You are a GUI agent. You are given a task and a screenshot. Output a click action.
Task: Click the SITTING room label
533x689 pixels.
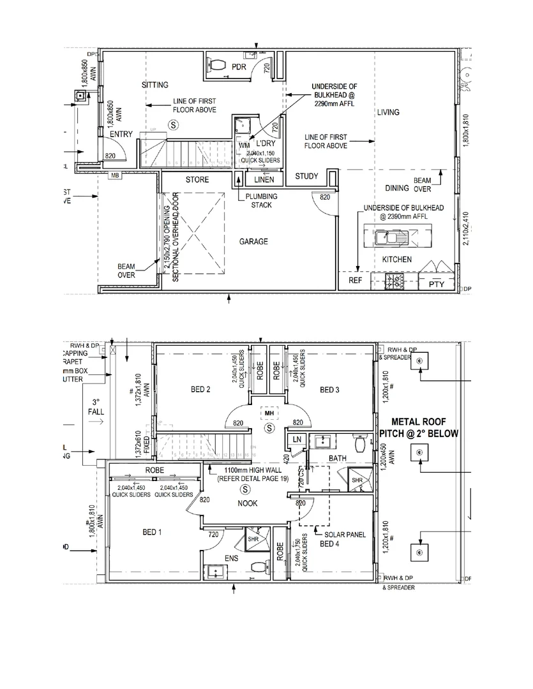point(155,85)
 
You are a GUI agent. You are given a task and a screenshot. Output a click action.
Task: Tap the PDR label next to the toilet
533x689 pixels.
point(239,68)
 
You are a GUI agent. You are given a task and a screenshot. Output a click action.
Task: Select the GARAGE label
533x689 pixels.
point(253,242)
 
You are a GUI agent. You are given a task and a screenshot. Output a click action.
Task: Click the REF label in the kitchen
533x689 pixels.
point(355,281)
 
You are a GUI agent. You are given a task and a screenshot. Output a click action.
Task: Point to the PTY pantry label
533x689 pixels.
point(437,284)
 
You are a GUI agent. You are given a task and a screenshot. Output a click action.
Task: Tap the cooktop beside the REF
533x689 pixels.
point(394,280)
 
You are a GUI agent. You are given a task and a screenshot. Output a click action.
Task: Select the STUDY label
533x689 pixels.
point(306,176)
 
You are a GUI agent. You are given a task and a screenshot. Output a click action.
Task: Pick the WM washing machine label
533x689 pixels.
point(244,146)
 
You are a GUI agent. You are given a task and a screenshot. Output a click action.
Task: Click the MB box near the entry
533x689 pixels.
point(116,175)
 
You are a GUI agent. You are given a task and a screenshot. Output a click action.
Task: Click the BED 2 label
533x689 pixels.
point(200,390)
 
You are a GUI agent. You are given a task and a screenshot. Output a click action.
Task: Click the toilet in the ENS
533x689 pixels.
point(259,567)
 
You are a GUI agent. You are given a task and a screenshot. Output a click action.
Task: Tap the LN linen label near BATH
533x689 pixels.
point(297,440)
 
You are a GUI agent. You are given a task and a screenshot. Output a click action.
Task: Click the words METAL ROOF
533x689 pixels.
point(418,422)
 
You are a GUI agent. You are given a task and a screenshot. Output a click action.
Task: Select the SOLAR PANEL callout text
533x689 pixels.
point(345,534)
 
